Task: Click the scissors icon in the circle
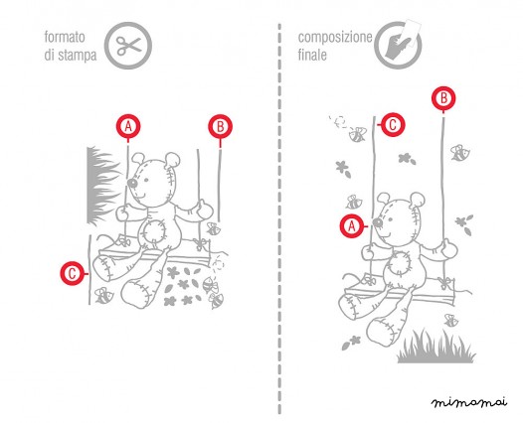point(128,46)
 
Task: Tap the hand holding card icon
point(399,44)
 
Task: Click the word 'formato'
point(65,37)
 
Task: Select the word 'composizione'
point(335,38)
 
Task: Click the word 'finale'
point(312,55)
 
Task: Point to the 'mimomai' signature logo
point(469,402)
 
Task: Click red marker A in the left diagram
point(128,126)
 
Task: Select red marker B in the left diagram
point(220,126)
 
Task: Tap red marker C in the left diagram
point(72,273)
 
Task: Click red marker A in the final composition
point(352,226)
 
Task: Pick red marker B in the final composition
point(443,98)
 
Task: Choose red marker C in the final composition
point(393,124)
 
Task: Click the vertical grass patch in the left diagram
point(101,185)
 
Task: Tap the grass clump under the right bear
point(436,349)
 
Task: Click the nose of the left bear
point(132,183)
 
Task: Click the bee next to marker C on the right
point(357,134)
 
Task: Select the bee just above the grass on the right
point(451,321)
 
